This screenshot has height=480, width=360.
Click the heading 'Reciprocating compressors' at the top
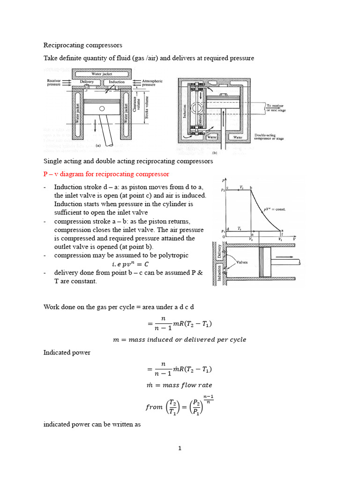[82, 45]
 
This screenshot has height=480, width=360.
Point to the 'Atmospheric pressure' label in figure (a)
[152, 83]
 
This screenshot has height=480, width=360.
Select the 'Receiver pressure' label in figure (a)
[55, 83]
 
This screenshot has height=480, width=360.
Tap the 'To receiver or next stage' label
[276, 108]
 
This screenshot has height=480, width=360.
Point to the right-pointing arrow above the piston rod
[286, 257]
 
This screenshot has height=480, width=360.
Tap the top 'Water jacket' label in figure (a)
[102, 74]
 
